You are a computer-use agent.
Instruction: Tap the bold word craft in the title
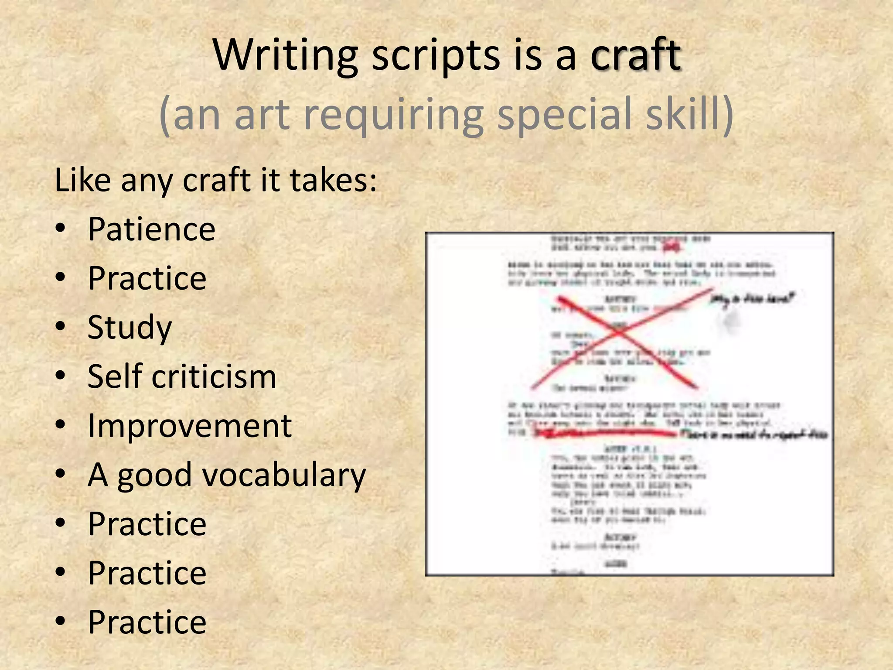(x=635, y=55)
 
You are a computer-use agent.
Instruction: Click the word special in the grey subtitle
(x=564, y=114)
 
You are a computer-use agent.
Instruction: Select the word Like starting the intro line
(x=82, y=180)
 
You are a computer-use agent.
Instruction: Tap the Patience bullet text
(x=151, y=229)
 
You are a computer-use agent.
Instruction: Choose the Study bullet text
(x=130, y=327)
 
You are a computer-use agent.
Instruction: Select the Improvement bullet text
(x=190, y=425)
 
